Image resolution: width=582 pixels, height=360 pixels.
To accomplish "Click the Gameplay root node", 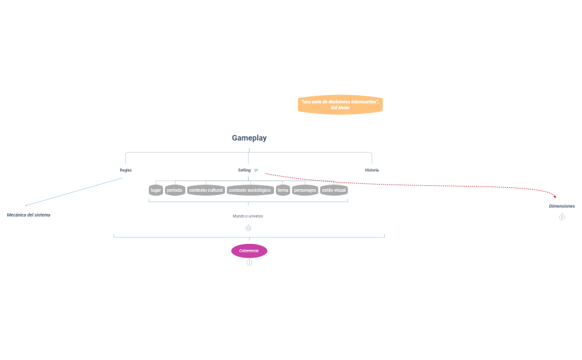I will (x=249, y=138).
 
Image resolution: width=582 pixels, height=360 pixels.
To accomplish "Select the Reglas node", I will (x=125, y=170).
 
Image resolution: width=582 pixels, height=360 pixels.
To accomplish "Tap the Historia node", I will (x=372, y=170).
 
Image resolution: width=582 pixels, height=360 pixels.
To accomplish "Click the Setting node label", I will (x=245, y=170).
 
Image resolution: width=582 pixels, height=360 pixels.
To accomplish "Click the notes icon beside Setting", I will (x=256, y=170).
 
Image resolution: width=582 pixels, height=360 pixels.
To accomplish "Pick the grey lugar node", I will (x=155, y=190).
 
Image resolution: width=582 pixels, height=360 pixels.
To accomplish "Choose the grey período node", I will (x=174, y=190).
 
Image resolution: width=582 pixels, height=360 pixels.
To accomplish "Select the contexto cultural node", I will (x=206, y=190).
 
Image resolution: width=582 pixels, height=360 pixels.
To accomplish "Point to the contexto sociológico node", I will (x=250, y=190).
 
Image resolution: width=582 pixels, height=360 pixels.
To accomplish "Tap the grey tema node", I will (x=283, y=190).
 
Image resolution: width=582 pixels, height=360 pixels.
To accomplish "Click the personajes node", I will (x=305, y=190).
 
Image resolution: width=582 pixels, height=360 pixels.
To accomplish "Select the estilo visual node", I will (x=333, y=190).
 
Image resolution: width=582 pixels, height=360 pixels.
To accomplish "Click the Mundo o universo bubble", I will (x=248, y=216).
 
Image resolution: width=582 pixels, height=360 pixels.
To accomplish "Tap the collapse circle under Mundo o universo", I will (x=248, y=228).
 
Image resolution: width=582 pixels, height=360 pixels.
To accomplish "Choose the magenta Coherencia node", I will (x=249, y=251).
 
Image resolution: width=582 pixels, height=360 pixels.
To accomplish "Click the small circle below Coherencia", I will (x=249, y=262).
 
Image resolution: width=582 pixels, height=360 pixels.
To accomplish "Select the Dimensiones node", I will (x=562, y=206).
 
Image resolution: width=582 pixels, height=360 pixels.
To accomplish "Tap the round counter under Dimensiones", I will (x=562, y=217).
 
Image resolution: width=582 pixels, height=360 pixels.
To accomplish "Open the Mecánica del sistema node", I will (x=29, y=215).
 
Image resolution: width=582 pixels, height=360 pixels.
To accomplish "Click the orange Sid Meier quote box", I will (x=340, y=104).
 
